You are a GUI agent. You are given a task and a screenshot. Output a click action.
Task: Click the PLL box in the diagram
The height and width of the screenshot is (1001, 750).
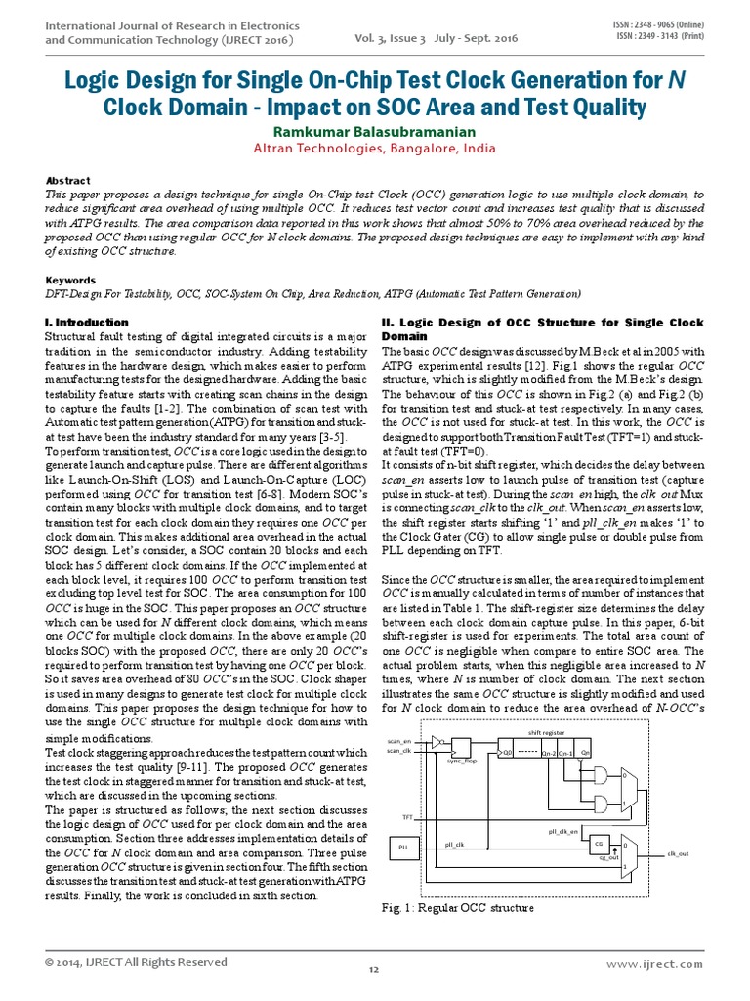point(403,848)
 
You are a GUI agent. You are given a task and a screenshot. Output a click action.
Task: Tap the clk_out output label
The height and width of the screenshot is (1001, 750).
point(678,853)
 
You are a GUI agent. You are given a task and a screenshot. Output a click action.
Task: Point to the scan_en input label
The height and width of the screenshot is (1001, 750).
point(399,741)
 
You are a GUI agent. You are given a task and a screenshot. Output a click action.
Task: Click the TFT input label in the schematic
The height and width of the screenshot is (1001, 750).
point(408,816)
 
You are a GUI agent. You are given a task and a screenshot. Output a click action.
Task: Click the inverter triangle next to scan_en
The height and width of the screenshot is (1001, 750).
point(437,742)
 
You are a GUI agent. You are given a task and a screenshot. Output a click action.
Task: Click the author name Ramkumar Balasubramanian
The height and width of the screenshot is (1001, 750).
point(375,131)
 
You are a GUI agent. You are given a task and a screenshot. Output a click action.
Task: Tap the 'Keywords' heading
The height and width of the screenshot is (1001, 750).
point(70,279)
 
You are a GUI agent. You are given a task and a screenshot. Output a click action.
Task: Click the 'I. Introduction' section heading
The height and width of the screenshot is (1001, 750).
point(87,322)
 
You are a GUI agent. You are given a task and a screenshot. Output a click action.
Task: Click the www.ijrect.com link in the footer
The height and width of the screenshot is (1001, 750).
point(653,963)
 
